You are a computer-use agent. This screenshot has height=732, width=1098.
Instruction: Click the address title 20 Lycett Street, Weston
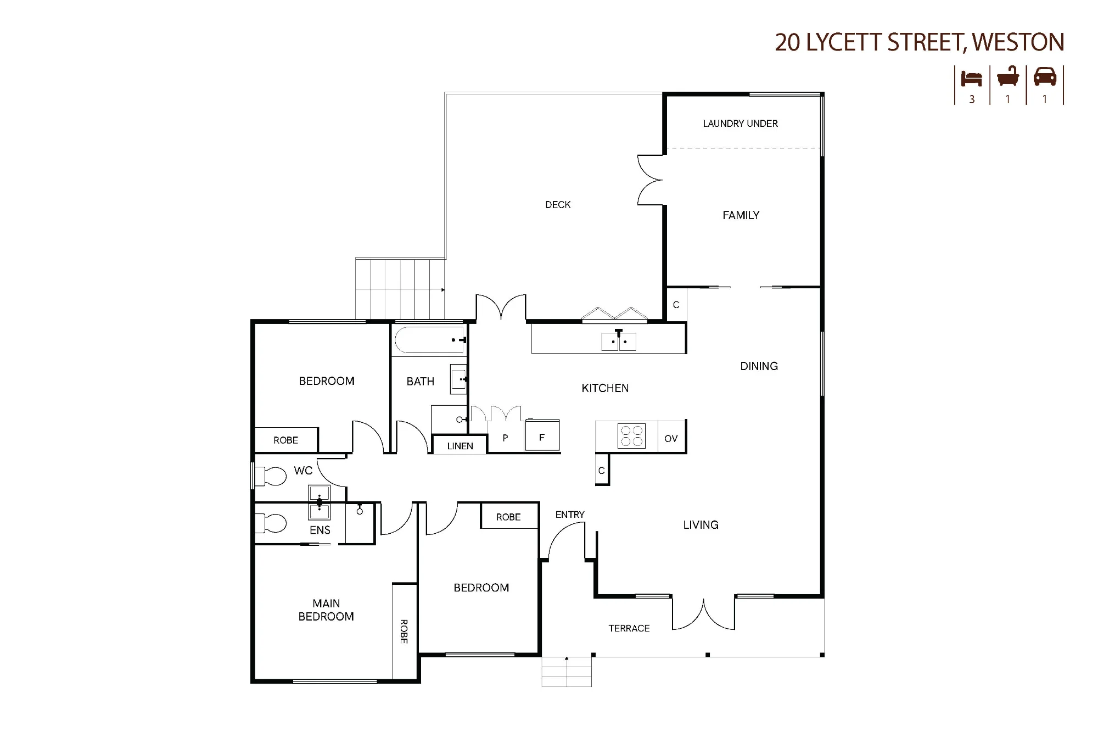pyautogui.click(x=920, y=42)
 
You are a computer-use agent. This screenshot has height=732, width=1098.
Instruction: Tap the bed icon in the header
pyautogui.click(x=971, y=78)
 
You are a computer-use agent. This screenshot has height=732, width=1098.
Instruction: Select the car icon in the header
pyautogui.click(x=1045, y=77)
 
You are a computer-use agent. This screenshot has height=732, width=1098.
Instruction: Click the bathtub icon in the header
pyautogui.click(x=1008, y=77)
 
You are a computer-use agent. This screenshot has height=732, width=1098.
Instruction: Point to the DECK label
pyautogui.click(x=558, y=205)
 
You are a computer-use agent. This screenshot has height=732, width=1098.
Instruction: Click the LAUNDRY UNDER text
pyautogui.click(x=740, y=124)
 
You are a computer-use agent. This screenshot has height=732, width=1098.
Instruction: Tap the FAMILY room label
pyautogui.click(x=741, y=215)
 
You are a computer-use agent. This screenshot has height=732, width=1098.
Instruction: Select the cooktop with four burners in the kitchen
pyautogui.click(x=631, y=437)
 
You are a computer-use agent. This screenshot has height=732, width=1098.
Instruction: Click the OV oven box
pyautogui.click(x=671, y=438)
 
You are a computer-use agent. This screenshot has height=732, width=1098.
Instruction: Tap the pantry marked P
pyautogui.click(x=505, y=438)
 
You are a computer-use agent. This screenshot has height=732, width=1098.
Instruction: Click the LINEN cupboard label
pyautogui.click(x=460, y=446)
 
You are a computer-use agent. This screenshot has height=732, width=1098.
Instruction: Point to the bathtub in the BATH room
pyautogui.click(x=429, y=340)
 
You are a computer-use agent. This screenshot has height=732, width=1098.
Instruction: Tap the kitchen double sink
pyautogui.click(x=619, y=341)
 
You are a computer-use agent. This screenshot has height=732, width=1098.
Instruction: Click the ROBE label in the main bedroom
pyautogui.click(x=404, y=632)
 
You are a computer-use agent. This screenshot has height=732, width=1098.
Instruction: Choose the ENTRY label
pyautogui.click(x=570, y=515)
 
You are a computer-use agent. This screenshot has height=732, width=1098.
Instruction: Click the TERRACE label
pyautogui.click(x=629, y=628)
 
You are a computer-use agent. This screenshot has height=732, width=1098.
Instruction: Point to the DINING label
pyautogui.click(x=759, y=366)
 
